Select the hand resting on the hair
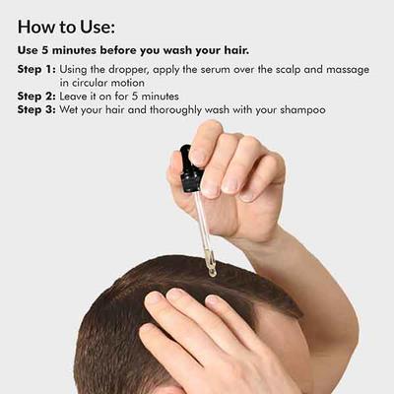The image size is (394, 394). point(197,335)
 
